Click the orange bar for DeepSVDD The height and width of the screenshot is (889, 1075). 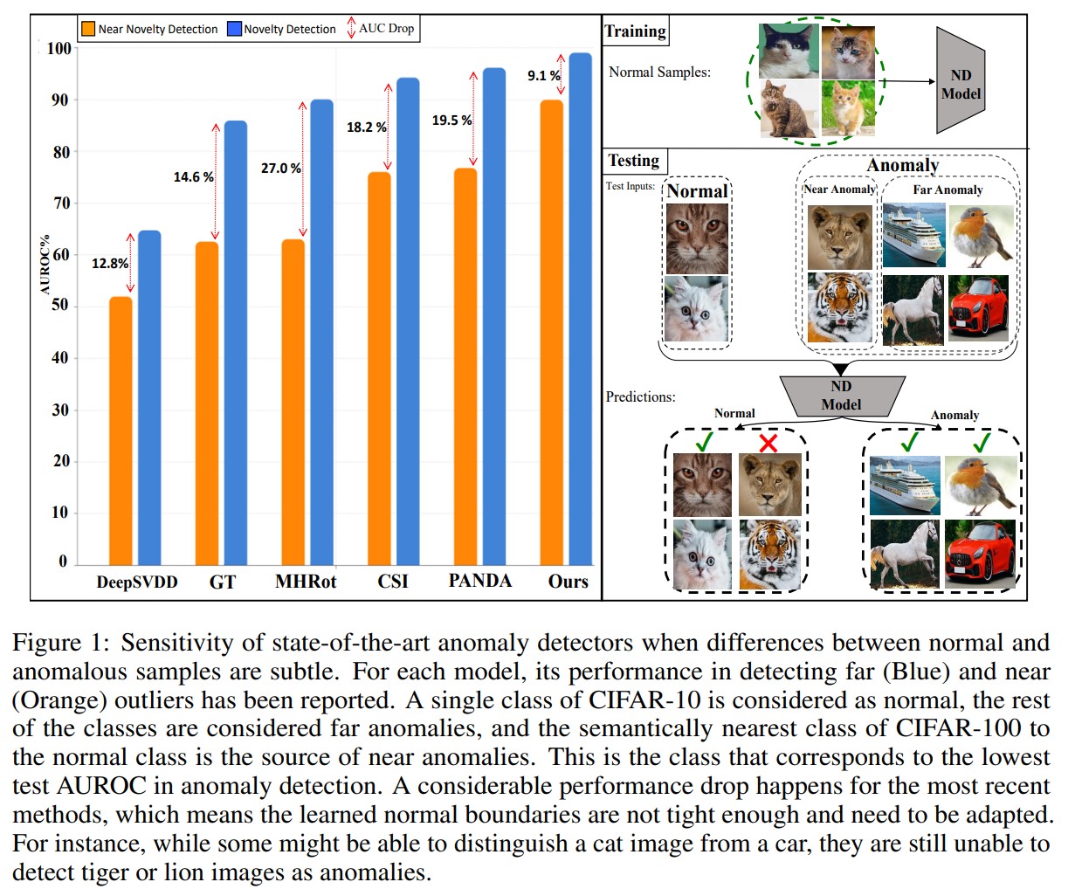coord(121,431)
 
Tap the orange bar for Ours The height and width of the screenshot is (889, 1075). coord(551,333)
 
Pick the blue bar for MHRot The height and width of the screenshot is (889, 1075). coord(321,333)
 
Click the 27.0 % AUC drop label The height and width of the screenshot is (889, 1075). coord(281,168)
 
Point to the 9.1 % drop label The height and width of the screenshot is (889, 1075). coord(543,76)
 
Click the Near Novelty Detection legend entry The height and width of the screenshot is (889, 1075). coord(149,29)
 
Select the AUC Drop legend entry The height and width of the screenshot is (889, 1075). coord(381,28)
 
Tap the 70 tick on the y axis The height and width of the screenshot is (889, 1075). coord(59,203)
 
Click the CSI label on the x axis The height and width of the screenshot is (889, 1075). coord(393,582)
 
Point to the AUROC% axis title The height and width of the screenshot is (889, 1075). coord(45,263)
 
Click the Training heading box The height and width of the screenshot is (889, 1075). coord(635,31)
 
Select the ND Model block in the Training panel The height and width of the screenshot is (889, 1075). coord(961,84)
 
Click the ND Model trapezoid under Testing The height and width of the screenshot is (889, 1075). coord(840,396)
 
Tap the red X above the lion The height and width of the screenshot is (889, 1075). coord(768,444)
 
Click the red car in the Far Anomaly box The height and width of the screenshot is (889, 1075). coord(978,308)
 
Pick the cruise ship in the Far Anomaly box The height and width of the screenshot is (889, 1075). coord(913,236)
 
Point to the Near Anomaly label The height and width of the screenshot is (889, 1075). coord(839,190)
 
